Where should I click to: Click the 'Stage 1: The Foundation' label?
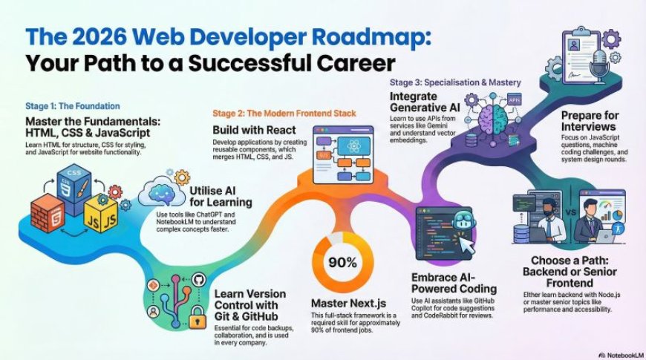(73, 106)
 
